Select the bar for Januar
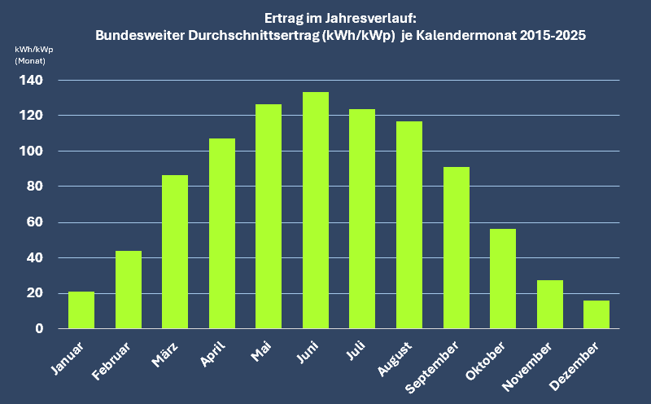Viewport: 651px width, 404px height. (81, 310)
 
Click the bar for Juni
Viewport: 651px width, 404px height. (315, 210)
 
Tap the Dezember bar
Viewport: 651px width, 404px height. (596, 314)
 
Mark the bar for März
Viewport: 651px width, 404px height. (175, 252)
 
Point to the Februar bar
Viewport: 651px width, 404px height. (129, 289)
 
